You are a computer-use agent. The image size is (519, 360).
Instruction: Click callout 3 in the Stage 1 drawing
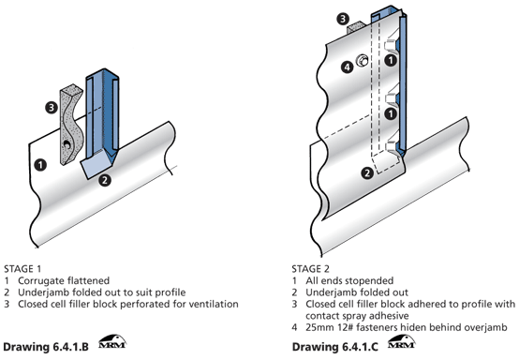click(52, 108)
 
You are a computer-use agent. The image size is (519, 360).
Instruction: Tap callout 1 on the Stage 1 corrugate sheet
click(40, 165)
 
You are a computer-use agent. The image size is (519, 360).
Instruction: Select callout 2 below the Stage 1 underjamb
click(105, 180)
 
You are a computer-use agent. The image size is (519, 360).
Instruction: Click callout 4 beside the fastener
click(347, 67)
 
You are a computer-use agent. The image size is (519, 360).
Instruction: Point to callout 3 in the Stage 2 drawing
click(343, 19)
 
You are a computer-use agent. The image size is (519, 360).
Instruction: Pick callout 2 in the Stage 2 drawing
click(367, 172)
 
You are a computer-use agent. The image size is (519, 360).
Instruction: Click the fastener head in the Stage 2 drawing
click(363, 61)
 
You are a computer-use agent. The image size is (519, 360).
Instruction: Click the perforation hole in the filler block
click(67, 144)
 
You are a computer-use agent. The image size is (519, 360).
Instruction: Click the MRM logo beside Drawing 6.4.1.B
click(112, 342)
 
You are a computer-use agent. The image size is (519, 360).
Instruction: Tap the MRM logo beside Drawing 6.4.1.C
click(402, 342)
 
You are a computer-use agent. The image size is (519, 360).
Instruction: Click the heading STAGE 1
click(22, 269)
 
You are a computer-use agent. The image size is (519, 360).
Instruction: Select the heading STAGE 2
click(310, 269)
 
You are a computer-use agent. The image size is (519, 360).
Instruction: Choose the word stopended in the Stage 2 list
click(371, 281)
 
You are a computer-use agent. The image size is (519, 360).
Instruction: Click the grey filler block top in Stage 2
click(356, 27)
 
